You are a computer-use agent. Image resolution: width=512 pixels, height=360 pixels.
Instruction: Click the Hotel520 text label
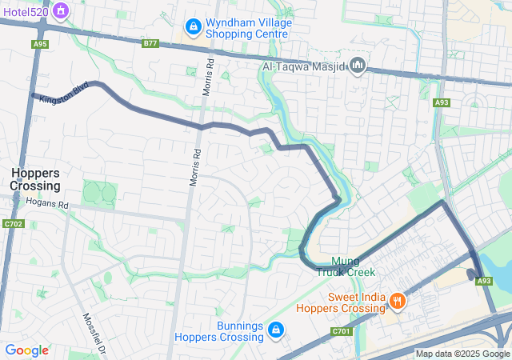[x=26, y=12]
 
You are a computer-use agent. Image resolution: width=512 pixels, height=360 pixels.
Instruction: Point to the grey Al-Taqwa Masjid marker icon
[x=358, y=65]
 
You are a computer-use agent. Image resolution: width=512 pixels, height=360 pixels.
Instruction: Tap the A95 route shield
[x=39, y=45]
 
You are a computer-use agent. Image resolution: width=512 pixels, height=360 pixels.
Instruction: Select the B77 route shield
[x=150, y=43]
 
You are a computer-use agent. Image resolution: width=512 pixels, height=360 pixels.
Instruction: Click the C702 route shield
[x=13, y=224]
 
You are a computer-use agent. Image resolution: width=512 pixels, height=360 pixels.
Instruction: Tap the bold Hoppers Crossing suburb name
[x=35, y=179]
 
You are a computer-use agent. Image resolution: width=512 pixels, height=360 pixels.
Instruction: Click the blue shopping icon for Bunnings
[x=276, y=330]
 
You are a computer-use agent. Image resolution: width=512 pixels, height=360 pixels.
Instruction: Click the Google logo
[x=26, y=350]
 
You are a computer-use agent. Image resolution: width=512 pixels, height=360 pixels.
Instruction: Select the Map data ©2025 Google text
[x=462, y=354]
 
